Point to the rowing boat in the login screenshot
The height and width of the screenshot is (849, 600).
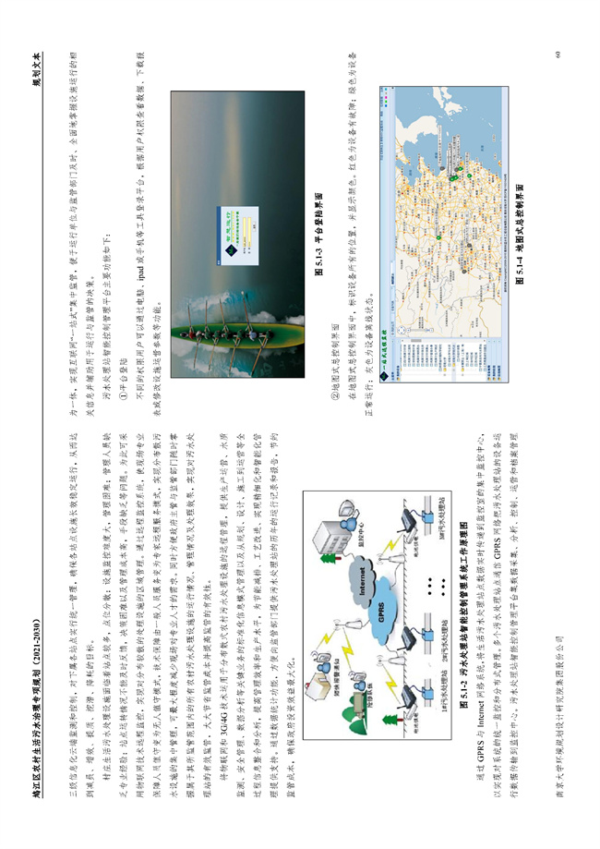(x=214, y=300)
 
